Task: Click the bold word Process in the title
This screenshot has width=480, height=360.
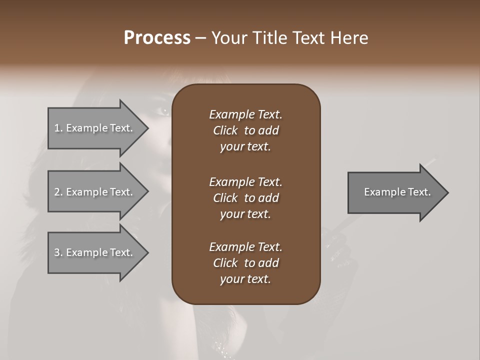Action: [x=157, y=38]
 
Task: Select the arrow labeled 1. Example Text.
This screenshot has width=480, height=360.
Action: [x=95, y=128]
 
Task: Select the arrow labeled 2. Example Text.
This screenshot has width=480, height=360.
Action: [x=95, y=192]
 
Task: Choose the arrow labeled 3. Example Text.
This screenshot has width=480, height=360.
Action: [x=95, y=252]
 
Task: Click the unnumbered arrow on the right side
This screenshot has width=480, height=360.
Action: [x=395, y=192]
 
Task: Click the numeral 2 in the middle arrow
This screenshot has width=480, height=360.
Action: [x=57, y=192]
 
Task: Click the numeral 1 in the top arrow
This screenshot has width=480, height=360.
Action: [x=57, y=128]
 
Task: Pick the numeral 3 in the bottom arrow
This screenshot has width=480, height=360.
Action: [x=57, y=252]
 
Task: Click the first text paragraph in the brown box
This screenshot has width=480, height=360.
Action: [x=245, y=130]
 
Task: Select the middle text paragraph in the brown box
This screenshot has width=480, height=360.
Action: [x=245, y=197]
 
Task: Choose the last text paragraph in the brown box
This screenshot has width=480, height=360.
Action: [x=245, y=263]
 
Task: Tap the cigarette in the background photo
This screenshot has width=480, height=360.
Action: [x=429, y=162]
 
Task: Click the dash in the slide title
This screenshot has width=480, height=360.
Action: [x=200, y=38]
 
